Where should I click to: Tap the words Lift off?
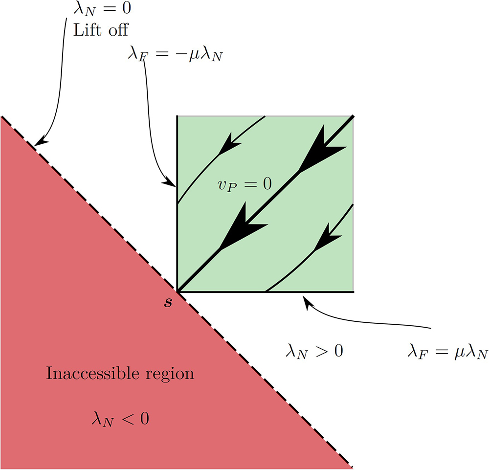click(101, 30)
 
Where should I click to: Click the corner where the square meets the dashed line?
click(177, 291)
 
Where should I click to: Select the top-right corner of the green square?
click(353, 116)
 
